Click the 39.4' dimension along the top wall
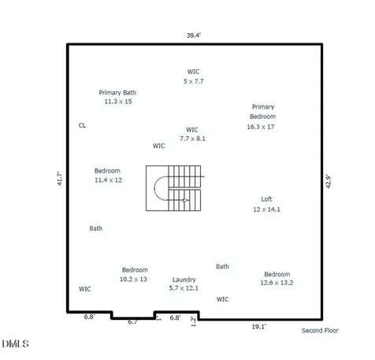point(194,35)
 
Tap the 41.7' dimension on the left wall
point(60,179)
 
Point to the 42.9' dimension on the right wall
point(329,181)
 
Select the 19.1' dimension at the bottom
point(259,327)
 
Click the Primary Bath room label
point(117,93)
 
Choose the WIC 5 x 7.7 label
point(193,76)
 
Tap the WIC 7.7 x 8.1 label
point(192,134)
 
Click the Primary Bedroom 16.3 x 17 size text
point(261,127)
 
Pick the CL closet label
point(82,125)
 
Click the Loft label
point(266,199)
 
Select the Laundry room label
point(184,280)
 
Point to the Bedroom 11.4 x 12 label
point(108,176)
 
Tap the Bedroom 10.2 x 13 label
point(134,274)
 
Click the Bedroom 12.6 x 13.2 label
point(277,278)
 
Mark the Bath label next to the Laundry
point(222,266)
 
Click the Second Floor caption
point(320,331)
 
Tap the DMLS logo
point(15,343)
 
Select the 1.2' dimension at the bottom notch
point(193,321)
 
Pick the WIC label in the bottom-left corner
point(85,289)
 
